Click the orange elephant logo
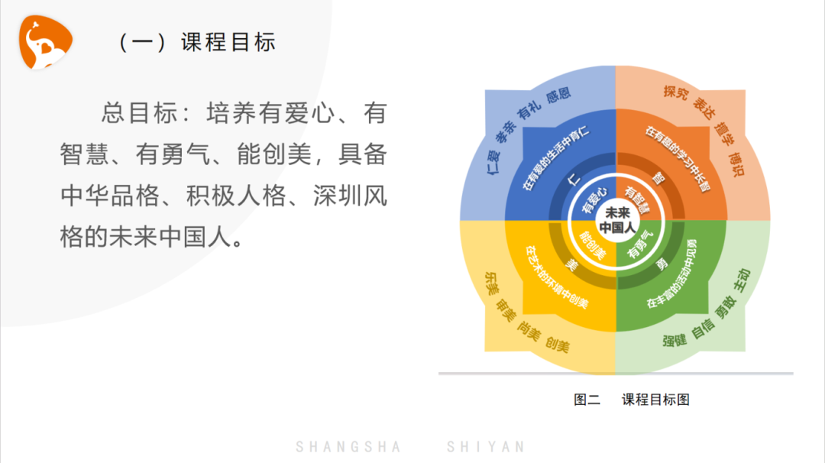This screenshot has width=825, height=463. tap(45, 42)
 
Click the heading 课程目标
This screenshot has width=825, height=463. tap(228, 42)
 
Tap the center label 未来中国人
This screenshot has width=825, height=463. tap(616, 221)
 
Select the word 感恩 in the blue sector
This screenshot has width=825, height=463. tap(558, 96)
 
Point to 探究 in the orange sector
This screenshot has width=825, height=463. tap(675, 92)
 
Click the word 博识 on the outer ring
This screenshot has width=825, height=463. tap(736, 164)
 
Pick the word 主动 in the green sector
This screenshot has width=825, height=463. tap(742, 280)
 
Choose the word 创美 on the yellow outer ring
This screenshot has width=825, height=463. tap(557, 345)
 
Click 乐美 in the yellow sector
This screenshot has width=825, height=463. tap(492, 283)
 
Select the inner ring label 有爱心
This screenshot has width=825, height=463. tap(594, 199)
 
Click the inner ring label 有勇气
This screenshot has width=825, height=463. tap(640, 244)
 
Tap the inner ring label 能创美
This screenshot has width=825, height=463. tap(593, 245)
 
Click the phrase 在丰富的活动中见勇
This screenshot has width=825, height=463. tap(672, 274)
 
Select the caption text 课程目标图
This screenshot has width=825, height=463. tap(655, 400)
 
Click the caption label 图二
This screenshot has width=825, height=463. tap(587, 400)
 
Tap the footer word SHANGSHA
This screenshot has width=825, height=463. tap(348, 447)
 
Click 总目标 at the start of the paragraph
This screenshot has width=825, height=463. tap(139, 113)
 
